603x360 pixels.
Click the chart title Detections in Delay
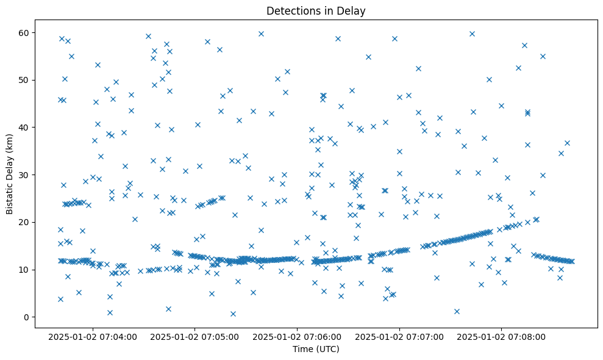point(316,11)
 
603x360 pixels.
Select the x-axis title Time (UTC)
point(316,350)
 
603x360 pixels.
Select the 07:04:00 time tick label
point(93,336)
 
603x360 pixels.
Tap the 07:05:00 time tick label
point(195,336)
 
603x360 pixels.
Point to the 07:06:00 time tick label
point(298,336)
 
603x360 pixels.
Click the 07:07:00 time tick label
point(399,336)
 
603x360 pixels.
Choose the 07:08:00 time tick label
point(502,336)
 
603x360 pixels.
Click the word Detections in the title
point(290,11)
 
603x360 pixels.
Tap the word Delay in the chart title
point(353,11)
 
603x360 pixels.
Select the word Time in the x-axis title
point(303,350)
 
